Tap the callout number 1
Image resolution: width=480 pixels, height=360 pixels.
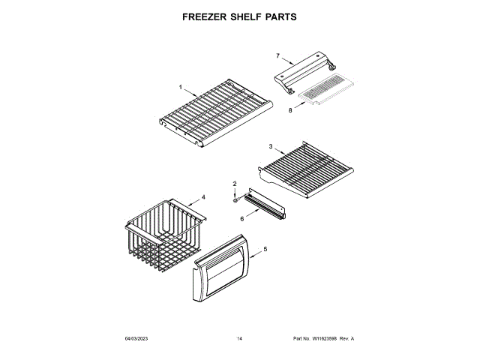coord(180,87)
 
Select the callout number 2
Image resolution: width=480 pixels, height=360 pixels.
coord(234,184)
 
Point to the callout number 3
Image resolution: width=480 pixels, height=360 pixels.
coord(270,146)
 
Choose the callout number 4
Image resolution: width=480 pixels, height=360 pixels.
coord(202,199)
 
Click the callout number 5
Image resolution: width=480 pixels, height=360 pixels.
coord(265,249)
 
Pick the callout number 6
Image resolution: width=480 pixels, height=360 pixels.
coord(241,219)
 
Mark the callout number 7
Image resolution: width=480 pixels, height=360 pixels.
coord(277,55)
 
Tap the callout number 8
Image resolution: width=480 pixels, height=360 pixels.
coord(290,110)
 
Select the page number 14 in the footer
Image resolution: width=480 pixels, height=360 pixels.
coord(239,340)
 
